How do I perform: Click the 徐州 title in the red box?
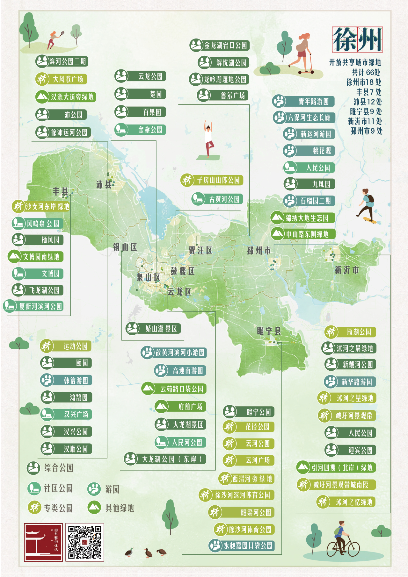(x=357, y=39)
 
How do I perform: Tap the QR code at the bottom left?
(x=85, y=542)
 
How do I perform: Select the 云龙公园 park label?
(x=140, y=76)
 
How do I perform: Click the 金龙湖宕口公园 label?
(x=219, y=45)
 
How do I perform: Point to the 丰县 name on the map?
(x=61, y=191)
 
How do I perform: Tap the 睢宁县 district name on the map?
(x=269, y=331)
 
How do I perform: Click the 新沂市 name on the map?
(x=347, y=270)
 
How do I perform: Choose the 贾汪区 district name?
(x=200, y=251)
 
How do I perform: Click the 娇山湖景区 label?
(x=153, y=329)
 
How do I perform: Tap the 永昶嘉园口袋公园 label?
(x=242, y=546)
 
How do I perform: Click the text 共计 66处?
(x=366, y=72)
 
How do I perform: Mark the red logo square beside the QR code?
(x=43, y=542)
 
